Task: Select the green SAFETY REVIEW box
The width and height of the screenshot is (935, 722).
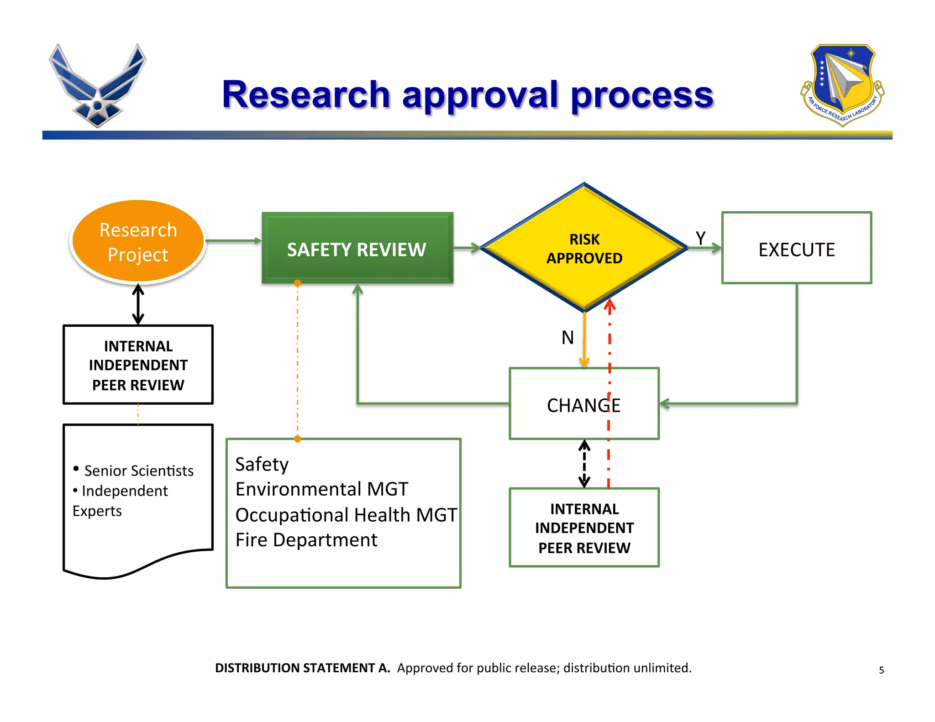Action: point(357,248)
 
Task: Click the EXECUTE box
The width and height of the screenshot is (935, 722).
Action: point(796,248)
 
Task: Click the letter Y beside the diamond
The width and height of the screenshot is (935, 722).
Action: point(700,238)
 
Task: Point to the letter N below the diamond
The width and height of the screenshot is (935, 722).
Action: point(567,338)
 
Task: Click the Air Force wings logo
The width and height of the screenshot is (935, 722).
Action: point(97,85)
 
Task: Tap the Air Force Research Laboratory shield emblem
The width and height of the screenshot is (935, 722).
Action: point(842,84)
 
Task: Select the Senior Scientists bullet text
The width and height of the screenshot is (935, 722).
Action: point(138,471)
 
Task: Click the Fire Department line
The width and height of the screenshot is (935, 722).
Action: point(306,540)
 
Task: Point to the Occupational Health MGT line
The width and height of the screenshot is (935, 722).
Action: point(346,515)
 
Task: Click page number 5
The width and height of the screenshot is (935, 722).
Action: point(881,670)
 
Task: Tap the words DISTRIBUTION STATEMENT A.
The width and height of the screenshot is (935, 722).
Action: point(302,668)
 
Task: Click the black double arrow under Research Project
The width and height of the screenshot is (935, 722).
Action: point(138,304)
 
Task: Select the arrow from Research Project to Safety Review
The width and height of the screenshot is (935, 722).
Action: point(233,241)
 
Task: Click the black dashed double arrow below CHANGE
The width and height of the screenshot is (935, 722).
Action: point(584,464)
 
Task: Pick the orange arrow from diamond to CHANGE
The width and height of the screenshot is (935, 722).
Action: point(584,340)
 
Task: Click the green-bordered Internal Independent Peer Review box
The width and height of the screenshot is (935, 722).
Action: point(584,528)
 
